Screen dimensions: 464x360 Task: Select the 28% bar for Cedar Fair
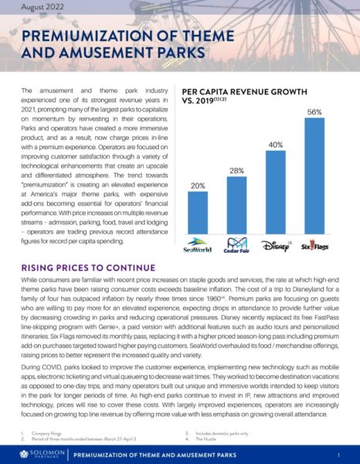click(237, 194)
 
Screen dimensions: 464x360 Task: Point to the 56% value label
click(315, 111)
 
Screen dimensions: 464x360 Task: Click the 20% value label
click(198, 186)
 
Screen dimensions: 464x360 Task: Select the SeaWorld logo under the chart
click(198, 230)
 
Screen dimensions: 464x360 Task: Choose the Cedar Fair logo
click(237, 230)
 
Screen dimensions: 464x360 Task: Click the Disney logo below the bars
click(277, 229)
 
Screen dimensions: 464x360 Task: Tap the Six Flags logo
click(315, 229)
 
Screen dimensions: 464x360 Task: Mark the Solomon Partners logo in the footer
click(36, 452)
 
